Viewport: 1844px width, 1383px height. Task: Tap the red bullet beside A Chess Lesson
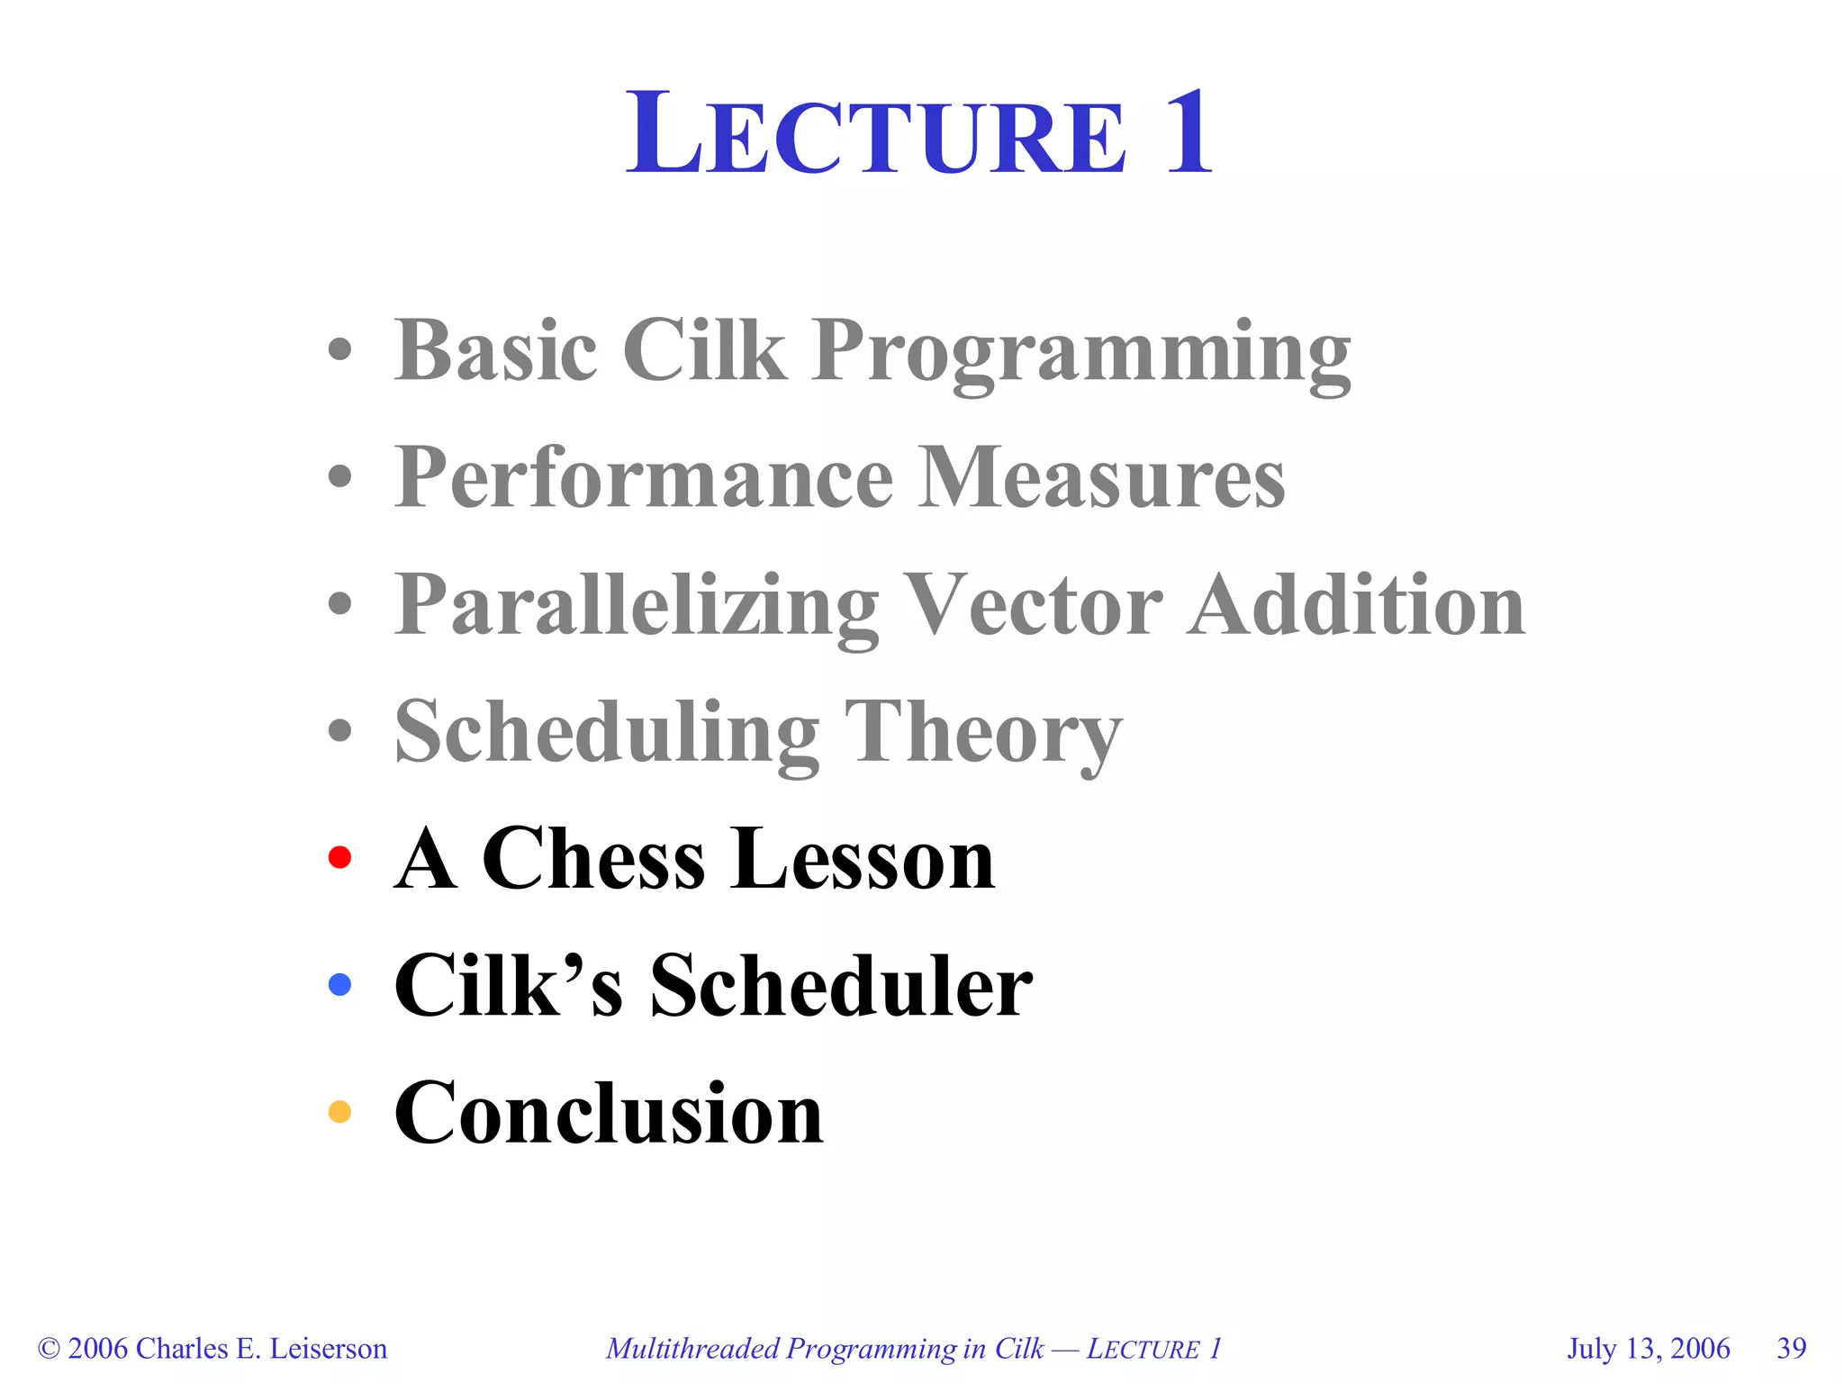click(x=339, y=857)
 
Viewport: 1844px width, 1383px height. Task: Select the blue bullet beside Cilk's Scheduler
click(x=339, y=984)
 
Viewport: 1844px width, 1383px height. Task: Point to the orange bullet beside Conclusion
click(x=339, y=1111)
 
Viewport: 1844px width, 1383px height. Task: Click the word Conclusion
click(x=609, y=1113)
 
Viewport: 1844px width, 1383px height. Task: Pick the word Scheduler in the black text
click(x=841, y=986)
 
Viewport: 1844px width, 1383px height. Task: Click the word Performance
click(x=644, y=477)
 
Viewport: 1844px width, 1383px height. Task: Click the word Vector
click(x=1032, y=605)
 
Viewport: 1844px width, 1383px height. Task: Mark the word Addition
click(x=1356, y=605)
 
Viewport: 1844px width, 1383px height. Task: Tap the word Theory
click(x=983, y=734)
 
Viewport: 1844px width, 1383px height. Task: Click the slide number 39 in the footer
click(x=1791, y=1348)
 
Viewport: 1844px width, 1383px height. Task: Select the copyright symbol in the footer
click(x=49, y=1349)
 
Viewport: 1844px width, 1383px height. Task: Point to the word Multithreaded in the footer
click(x=691, y=1349)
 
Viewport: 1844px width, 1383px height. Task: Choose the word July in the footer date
click(x=1591, y=1349)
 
